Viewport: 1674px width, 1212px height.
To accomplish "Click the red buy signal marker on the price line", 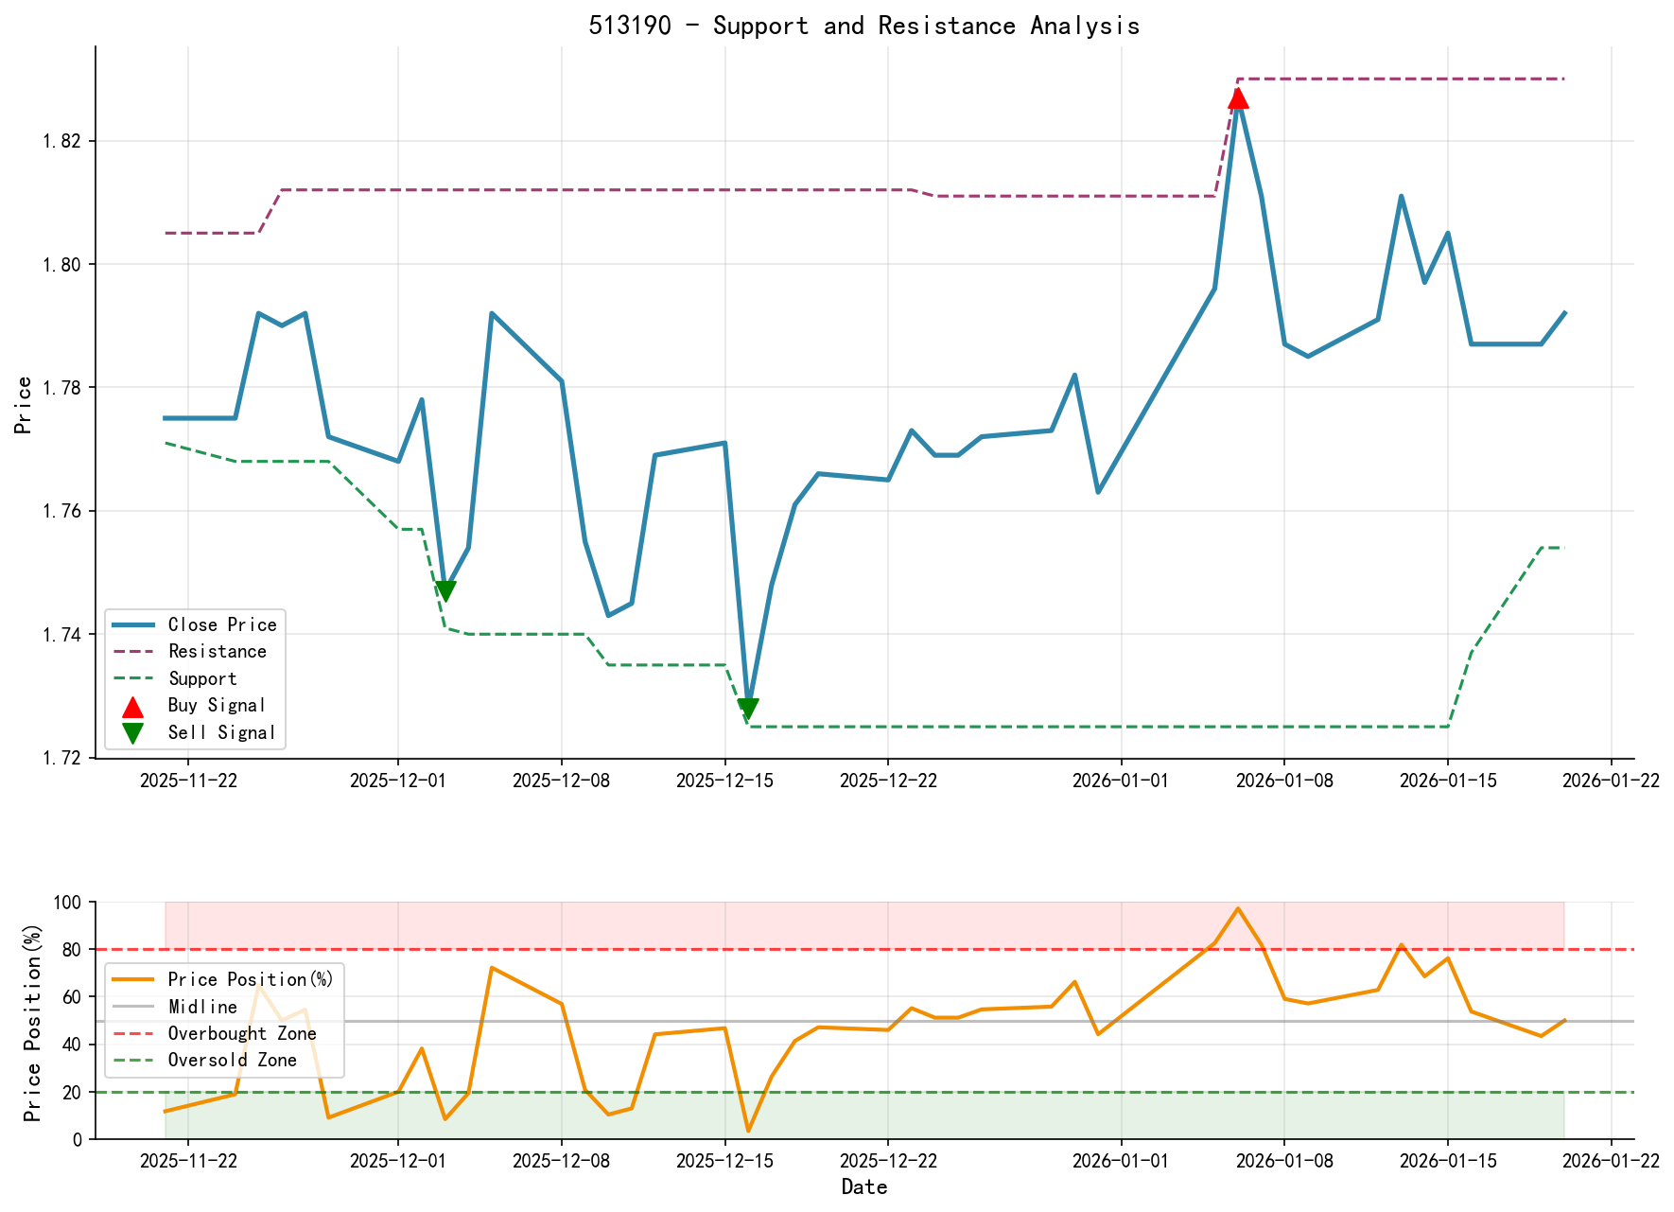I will pos(1238,97).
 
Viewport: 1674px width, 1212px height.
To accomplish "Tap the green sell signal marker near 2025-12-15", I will pos(748,710).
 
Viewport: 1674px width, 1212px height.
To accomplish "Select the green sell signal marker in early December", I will pos(445,591).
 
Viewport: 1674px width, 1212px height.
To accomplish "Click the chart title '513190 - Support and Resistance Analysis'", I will pos(863,26).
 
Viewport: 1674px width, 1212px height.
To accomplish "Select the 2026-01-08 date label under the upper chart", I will pos(1283,781).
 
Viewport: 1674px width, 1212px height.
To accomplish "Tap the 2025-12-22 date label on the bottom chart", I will pos(887,1162).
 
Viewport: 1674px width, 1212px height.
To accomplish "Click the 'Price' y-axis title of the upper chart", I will pos(24,405).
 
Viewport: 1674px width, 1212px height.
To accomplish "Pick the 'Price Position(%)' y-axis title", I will pos(33,1022).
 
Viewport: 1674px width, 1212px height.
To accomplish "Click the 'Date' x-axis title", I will pos(863,1187).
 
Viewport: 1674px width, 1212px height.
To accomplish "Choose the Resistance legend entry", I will pos(217,652).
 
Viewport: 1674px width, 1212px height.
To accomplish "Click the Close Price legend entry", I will pos(222,624).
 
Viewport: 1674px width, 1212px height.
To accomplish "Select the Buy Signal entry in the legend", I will pos(217,706).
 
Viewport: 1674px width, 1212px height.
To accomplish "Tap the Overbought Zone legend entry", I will pos(241,1034).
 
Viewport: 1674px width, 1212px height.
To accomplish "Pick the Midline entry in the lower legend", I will pos(202,1008).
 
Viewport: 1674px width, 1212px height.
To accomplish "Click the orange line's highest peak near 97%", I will pos(1238,909).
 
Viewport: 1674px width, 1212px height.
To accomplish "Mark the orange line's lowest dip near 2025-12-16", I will pos(748,1131).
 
